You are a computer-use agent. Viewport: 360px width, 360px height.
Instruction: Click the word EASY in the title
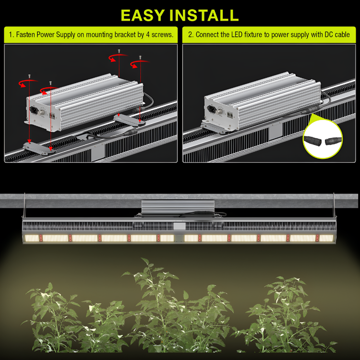pos(143,15)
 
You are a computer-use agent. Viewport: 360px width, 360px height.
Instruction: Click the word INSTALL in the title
pos(204,15)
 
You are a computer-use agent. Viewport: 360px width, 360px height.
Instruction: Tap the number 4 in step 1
pos(148,35)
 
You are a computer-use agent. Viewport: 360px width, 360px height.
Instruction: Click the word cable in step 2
pos(342,35)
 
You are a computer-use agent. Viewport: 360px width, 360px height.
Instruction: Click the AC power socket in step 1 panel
pos(34,110)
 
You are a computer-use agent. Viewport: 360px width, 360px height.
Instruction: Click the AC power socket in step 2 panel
pos(211,109)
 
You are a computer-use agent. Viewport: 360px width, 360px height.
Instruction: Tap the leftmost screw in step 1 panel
pos(29,76)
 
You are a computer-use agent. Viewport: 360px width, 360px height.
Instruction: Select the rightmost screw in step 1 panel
pos(140,58)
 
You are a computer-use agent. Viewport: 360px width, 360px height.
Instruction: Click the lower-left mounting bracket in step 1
pos(39,148)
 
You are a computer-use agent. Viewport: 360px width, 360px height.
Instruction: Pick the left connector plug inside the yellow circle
pos(312,140)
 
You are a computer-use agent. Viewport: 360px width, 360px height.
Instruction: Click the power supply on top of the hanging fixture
pos(178,207)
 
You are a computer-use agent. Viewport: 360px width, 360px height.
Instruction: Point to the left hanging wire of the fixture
pos(24,205)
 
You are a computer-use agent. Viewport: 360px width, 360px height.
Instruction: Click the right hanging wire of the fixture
pos(334,205)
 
